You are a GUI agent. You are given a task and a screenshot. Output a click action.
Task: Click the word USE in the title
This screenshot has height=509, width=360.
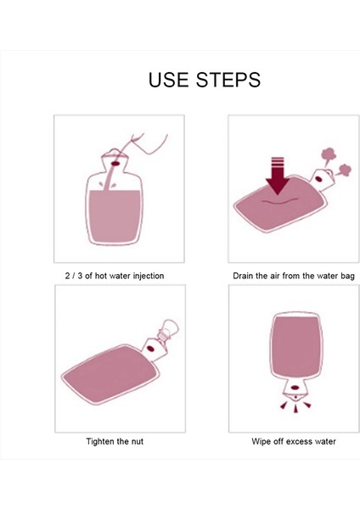coord(168,80)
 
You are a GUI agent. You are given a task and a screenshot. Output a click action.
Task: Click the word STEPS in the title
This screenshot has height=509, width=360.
coord(228,80)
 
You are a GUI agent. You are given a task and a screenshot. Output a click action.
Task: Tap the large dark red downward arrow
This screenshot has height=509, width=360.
coord(277,176)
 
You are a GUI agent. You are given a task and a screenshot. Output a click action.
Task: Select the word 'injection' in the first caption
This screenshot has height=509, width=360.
coord(149,276)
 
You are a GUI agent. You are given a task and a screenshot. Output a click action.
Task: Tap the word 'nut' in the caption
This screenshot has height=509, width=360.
coord(137,442)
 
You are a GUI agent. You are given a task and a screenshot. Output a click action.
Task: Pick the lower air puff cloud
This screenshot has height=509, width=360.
coord(344,171)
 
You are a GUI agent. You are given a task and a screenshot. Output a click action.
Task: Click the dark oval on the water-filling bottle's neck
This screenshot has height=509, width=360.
coord(115,163)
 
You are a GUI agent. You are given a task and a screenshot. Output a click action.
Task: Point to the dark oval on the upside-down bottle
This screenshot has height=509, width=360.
coord(295,388)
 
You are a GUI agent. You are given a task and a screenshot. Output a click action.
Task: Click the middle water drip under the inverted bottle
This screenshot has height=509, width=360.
coord(295,409)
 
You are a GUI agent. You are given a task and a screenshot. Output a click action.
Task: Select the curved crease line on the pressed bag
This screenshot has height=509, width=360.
coord(279,202)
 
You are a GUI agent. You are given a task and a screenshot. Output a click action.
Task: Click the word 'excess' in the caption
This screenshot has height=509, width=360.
coord(290,442)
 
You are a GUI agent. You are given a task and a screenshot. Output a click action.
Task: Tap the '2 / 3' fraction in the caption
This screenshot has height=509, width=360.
coord(73,276)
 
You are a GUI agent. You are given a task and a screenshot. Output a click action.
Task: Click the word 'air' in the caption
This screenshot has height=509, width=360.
coord(276,276)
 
